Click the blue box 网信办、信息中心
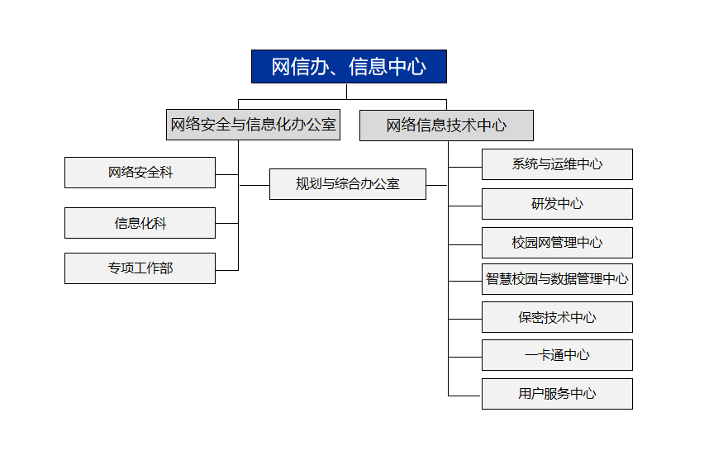click(x=349, y=66)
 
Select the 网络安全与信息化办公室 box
click(x=253, y=125)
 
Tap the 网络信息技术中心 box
click(x=446, y=126)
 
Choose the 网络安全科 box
click(x=140, y=173)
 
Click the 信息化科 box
click(x=140, y=223)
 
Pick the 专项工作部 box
click(x=140, y=268)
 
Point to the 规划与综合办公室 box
click(x=348, y=184)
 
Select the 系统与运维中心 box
click(x=557, y=164)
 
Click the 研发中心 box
click(x=557, y=204)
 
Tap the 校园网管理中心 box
click(x=557, y=243)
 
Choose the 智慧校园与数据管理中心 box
click(x=557, y=279)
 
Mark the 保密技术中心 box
click(x=557, y=317)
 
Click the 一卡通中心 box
click(x=557, y=355)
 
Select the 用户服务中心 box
click(x=557, y=394)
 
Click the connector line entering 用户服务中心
click(x=464, y=396)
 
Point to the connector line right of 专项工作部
click(x=226, y=270)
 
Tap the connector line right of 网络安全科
click(x=226, y=174)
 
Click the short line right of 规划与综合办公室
click(x=436, y=185)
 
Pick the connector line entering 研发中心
click(x=464, y=206)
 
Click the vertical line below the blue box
click(x=346, y=92)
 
